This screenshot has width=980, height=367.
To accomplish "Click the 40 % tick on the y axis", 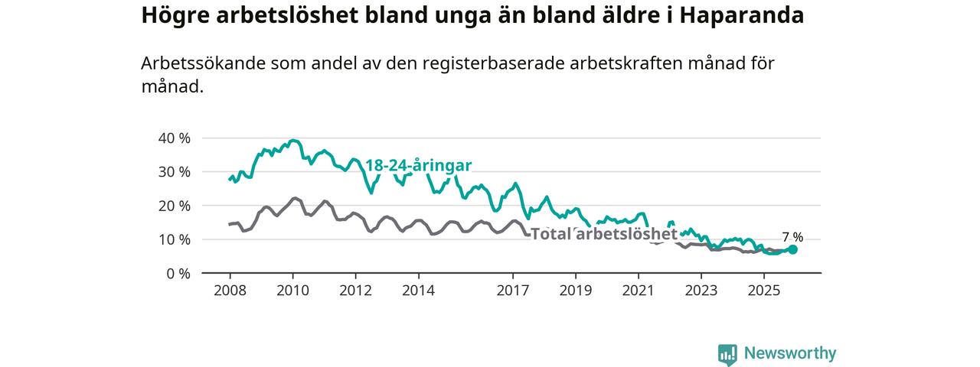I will tap(173, 138).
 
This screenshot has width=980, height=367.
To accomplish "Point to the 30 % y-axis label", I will tap(173, 172).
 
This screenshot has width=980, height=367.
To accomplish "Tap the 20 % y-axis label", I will tap(173, 206).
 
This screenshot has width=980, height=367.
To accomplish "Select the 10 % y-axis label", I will tap(173, 239).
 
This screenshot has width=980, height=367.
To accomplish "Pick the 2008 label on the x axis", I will tap(230, 291).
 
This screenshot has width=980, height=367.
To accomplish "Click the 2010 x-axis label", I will tap(292, 291).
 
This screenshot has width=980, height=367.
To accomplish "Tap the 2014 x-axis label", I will tap(418, 291).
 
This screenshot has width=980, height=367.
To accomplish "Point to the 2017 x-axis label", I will tap(512, 291).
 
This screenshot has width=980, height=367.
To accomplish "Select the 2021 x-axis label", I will tap(638, 291).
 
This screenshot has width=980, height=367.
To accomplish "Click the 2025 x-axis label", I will tap(763, 291).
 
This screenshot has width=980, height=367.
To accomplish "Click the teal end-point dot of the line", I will tap(792, 249).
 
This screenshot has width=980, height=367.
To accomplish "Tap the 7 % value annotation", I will tap(792, 236).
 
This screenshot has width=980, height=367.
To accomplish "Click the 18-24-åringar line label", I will tap(418, 165).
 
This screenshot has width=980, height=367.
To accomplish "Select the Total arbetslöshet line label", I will tap(604, 234).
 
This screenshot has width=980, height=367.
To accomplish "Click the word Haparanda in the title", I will tap(739, 16).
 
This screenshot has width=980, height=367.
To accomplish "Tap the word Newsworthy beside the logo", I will tap(790, 353).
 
